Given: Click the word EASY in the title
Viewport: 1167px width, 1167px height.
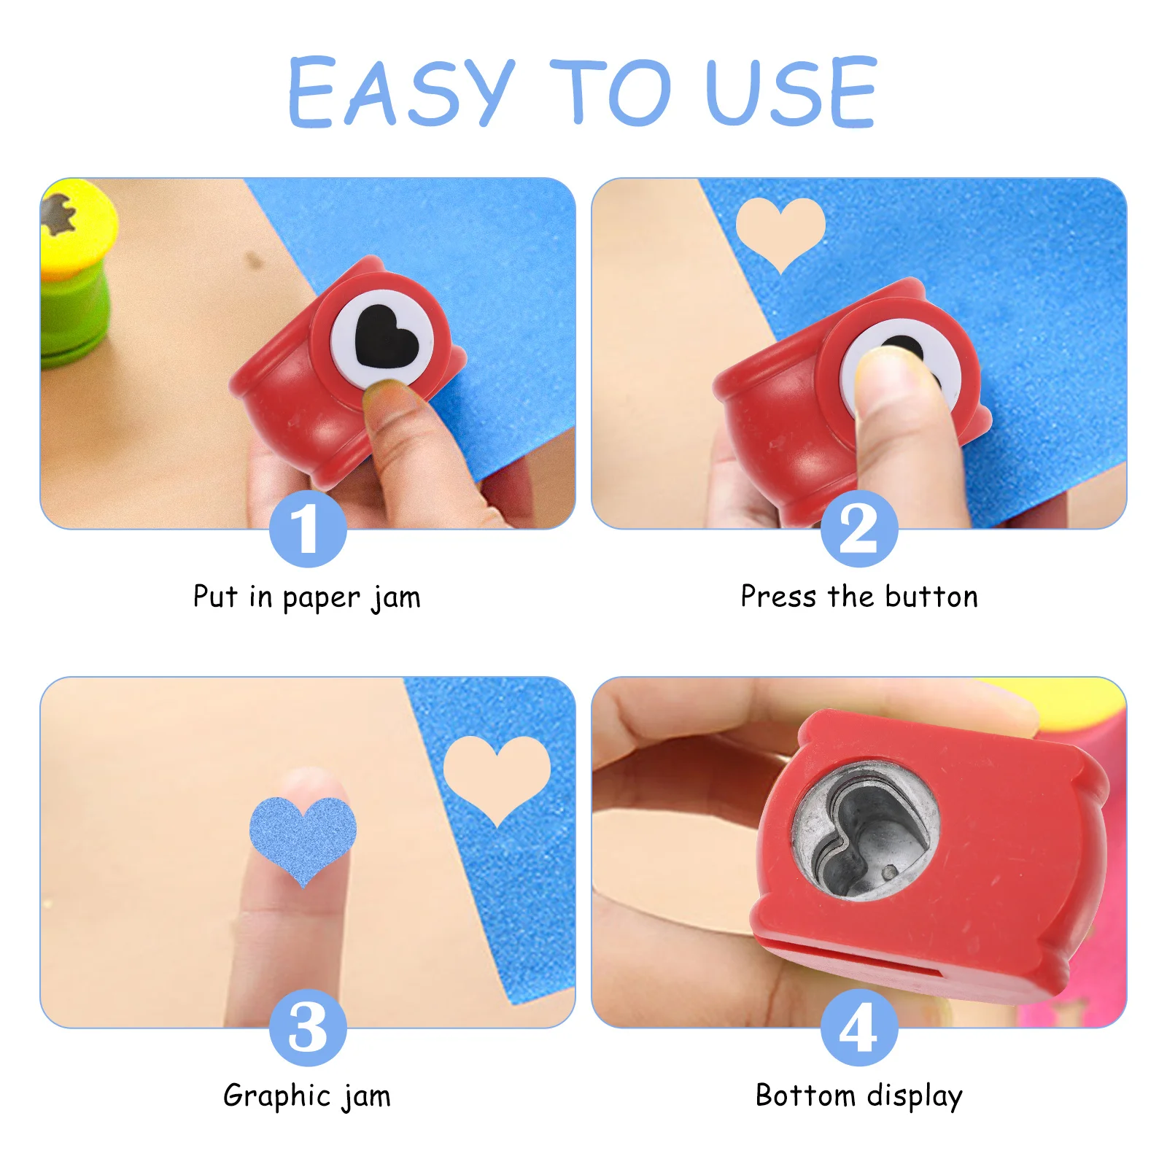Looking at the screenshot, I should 401,93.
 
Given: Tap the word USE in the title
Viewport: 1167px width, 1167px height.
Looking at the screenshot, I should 791,93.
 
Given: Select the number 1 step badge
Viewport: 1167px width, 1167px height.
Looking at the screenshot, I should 307,529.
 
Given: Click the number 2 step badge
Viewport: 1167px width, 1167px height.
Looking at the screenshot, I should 858,529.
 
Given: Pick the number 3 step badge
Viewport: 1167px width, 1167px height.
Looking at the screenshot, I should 307,1028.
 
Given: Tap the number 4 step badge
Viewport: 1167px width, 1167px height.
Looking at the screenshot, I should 858,1028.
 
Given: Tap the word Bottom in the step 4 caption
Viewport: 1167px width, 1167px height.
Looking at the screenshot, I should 805,1096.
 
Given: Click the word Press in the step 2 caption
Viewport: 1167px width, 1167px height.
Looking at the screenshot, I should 778,597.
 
